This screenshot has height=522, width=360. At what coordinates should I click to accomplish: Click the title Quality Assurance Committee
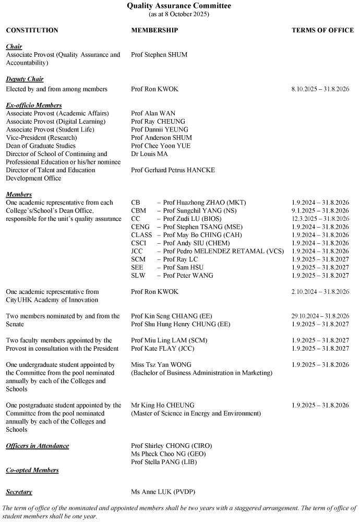tap(179, 6)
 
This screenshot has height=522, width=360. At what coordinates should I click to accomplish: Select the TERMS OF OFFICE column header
tap(322, 30)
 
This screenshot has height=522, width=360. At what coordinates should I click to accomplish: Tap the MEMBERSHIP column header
tap(154, 30)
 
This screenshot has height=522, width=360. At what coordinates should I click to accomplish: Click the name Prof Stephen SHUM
tap(159, 55)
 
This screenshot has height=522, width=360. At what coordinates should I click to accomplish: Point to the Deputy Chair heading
tap(25, 79)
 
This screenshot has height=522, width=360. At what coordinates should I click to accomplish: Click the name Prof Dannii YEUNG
tap(160, 129)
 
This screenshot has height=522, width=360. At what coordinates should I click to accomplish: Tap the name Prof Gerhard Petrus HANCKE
tap(173, 170)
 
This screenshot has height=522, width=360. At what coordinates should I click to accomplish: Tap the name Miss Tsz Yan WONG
tap(161, 365)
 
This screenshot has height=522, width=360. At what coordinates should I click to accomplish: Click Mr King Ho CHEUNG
tap(162, 406)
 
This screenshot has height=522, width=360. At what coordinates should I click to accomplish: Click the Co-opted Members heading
tap(32, 470)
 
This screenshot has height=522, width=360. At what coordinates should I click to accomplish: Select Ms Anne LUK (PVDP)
tap(159, 492)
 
